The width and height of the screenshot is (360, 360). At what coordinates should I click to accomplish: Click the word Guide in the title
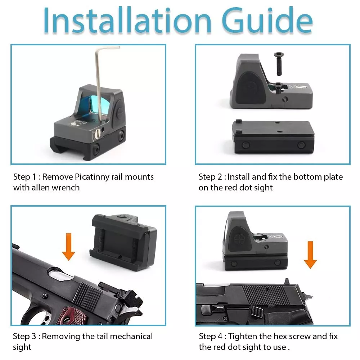click(x=267, y=21)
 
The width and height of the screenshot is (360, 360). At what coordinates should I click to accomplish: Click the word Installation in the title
click(x=127, y=21)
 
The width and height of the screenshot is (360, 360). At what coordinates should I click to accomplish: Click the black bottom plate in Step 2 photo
click(x=273, y=137)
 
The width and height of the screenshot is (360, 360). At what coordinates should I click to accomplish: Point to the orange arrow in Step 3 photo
click(x=69, y=247)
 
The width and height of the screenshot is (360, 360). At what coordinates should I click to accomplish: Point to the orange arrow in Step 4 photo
click(x=310, y=255)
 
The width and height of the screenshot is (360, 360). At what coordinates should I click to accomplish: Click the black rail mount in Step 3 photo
click(x=123, y=242)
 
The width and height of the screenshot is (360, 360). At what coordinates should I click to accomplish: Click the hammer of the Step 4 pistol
click(x=306, y=296)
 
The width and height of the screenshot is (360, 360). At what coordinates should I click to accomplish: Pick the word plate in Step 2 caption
click(x=333, y=177)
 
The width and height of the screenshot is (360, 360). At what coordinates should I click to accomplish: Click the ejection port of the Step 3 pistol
click(x=60, y=274)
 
